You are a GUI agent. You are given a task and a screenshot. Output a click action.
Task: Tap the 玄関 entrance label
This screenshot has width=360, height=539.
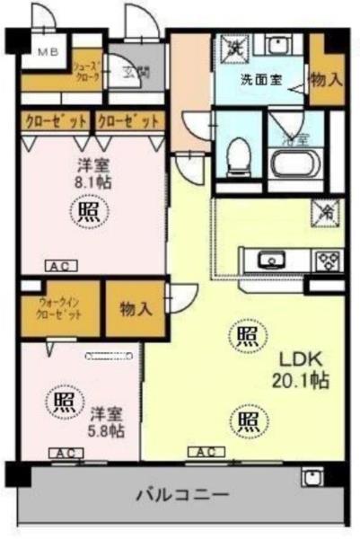pyautogui.click(x=136, y=73)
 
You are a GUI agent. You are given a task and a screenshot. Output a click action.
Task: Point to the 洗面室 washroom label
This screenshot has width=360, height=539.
pyautogui.click(x=260, y=79)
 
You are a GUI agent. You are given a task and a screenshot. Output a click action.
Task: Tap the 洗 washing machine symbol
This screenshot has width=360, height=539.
pyautogui.click(x=235, y=47)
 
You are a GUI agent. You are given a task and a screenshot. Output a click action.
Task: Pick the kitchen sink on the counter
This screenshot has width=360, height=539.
pyautogui.click(x=269, y=261)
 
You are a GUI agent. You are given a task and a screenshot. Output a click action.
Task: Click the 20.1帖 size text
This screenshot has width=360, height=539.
pyautogui.click(x=294, y=381)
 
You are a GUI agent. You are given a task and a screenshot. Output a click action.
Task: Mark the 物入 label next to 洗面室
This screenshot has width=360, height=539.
pyautogui.click(x=327, y=79)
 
